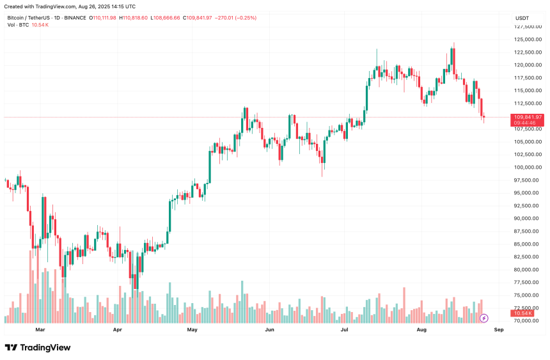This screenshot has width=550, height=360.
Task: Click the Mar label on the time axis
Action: click(40, 330)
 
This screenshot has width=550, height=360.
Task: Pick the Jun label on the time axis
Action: click(269, 330)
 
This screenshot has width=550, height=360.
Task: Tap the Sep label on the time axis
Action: click(499, 330)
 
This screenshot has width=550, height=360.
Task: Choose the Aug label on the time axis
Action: click(421, 330)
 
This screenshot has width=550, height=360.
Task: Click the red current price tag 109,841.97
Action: click(528, 117)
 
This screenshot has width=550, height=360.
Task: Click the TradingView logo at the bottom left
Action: click(38, 347)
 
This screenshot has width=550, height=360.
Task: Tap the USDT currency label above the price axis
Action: click(523, 18)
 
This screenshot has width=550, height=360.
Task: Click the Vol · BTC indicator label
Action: click(18, 25)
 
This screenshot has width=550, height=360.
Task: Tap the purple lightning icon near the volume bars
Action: click(484, 318)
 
